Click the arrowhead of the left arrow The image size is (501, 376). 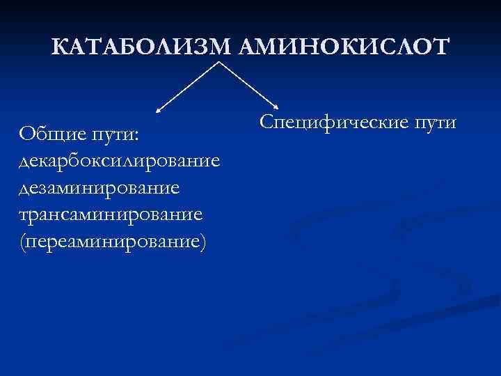[158, 109]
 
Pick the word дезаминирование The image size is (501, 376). [100, 187]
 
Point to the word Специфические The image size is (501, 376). [332, 123]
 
